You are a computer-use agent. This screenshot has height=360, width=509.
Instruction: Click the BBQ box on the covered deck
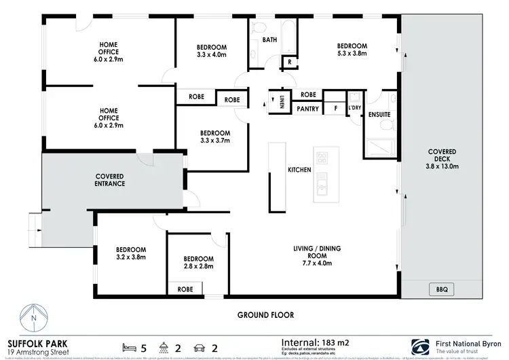(x=442, y=289)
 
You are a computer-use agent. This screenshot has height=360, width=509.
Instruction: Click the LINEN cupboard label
(x=282, y=102)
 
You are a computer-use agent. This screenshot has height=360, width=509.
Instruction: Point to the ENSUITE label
(x=379, y=114)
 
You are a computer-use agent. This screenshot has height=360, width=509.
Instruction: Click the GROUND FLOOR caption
(x=265, y=315)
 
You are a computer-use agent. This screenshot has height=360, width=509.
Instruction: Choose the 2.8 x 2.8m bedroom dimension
(x=199, y=267)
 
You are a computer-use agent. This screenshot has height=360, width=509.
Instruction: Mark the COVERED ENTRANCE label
(x=109, y=180)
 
